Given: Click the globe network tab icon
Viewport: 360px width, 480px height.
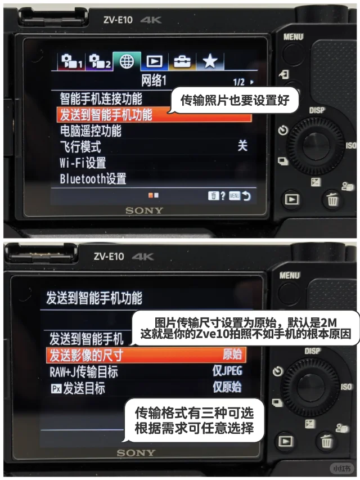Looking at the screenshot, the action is pos(127,61).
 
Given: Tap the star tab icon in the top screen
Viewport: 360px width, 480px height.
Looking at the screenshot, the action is pos(210,61).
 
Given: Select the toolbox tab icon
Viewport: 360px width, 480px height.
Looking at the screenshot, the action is pos(182,62).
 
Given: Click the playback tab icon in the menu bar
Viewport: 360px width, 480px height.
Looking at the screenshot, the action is pos(154,61).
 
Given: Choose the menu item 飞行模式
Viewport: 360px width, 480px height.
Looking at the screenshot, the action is pos(80,147).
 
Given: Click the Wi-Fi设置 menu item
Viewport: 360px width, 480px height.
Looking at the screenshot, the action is pos(83,163).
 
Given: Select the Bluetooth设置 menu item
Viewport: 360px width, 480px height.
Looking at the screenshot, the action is pos(93,179).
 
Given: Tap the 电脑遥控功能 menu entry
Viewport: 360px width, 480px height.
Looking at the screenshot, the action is pos(91,131).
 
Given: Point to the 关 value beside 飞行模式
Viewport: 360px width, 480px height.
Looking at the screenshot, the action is pos(242,146).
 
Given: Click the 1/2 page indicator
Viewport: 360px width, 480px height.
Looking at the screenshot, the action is pos(238,82).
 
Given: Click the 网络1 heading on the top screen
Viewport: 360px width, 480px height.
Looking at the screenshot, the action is pos(154,80).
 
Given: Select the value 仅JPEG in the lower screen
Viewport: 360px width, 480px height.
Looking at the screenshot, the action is pos(227,371).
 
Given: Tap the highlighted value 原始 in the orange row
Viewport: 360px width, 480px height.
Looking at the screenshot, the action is pos(232,354).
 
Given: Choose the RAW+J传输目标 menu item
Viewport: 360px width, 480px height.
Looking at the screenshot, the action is pos(84,372).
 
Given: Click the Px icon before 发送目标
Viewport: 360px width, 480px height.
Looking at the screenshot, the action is pos(56,389).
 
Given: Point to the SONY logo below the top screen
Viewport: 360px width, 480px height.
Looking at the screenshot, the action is pos(144,210).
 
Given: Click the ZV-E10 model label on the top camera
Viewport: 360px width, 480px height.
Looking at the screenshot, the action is pos(118,20).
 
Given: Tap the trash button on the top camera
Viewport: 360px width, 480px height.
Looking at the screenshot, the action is pos(332,200).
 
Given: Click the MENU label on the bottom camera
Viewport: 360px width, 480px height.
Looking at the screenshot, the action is pos(290,276).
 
